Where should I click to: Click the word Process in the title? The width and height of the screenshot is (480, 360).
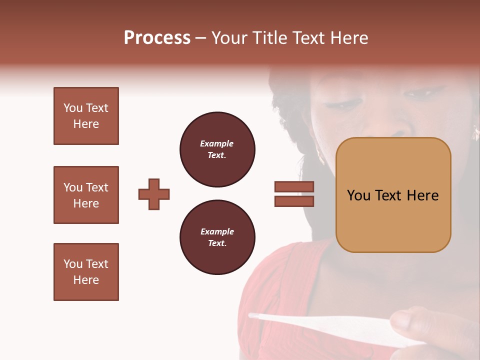point(157,38)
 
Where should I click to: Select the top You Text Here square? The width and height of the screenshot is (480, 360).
point(86,116)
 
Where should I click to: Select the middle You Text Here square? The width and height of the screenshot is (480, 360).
point(86,195)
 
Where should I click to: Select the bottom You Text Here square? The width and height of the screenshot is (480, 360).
point(86,272)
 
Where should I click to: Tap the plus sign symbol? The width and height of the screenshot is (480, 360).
point(154,194)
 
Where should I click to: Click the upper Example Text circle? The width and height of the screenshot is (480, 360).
point(217,149)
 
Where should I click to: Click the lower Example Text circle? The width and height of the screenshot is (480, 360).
point(217,237)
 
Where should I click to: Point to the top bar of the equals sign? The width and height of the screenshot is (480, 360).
point(294,186)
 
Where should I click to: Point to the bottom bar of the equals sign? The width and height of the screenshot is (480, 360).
point(294,201)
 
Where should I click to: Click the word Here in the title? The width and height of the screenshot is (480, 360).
point(350,38)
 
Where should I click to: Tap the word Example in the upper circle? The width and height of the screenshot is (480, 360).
point(217,143)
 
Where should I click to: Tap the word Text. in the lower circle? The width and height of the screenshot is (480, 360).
point(217,243)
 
